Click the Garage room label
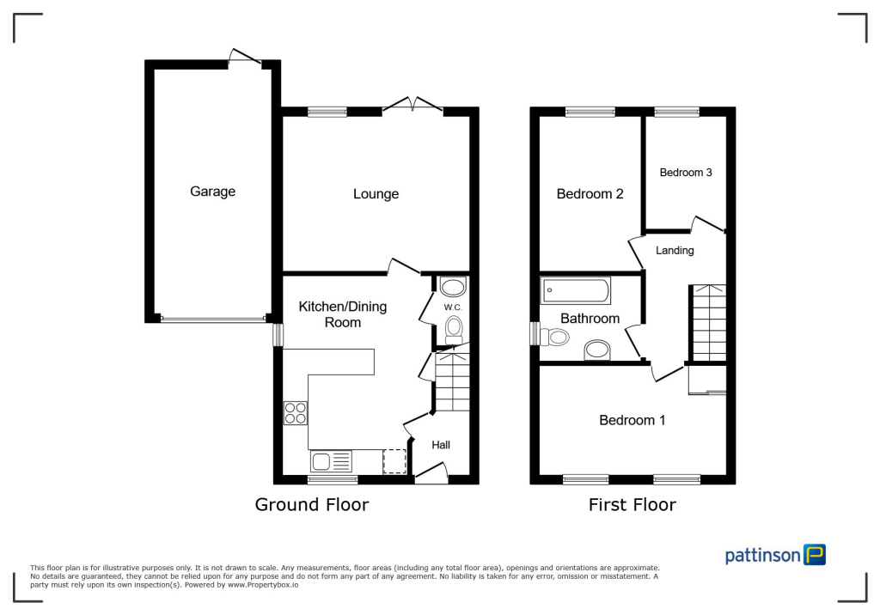click(212, 192)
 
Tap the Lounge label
click(376, 194)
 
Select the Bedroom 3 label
click(685, 173)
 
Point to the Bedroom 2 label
click(590, 194)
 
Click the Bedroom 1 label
click(632, 420)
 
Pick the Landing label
click(675, 251)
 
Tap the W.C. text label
click(453, 307)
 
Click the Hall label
click(441, 445)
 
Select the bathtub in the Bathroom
click(576, 291)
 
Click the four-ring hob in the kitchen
click(296, 413)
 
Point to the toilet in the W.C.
click(454, 328)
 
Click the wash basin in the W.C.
click(453, 286)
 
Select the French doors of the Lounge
click(412, 107)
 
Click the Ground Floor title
click(312, 505)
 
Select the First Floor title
click(632, 505)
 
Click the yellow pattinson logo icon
click(814, 554)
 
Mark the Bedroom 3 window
click(676, 112)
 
